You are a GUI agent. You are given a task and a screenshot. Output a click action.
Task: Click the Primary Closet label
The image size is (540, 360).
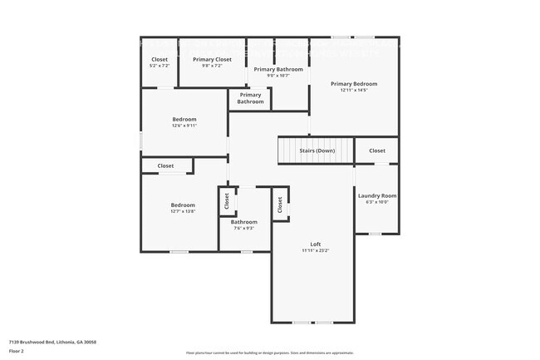click(212, 59)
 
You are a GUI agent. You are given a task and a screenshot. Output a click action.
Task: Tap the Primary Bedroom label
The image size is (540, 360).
click(354, 83)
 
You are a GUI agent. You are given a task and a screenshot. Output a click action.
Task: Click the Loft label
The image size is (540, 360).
click(316, 244)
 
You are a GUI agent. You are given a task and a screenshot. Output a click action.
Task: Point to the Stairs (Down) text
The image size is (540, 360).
click(317, 150)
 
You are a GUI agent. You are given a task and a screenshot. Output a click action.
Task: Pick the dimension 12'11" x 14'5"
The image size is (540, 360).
click(354, 90)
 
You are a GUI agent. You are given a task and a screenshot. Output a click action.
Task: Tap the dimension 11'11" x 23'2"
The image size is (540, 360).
click(316, 250)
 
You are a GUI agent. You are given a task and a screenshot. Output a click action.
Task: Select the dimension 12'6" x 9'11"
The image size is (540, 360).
click(184, 126)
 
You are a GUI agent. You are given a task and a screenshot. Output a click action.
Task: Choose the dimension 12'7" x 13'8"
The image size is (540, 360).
click(183, 211)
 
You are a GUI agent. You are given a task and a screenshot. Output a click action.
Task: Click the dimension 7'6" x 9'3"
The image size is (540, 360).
click(243, 228)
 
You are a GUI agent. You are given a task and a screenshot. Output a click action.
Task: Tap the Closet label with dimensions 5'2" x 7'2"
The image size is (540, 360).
click(159, 59)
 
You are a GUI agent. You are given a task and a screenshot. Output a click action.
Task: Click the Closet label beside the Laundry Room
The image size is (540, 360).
click(377, 150)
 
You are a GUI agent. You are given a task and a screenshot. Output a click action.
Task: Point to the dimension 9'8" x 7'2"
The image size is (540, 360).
click(212, 66)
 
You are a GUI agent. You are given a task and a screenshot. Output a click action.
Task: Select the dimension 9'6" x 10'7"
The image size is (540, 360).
click(278, 76)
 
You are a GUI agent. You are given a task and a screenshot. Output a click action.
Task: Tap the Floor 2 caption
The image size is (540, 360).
click(17, 352)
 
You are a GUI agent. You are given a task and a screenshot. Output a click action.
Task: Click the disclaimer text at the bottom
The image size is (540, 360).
click(270, 353)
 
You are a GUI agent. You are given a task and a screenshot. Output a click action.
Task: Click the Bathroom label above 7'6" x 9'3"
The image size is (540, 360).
click(243, 221)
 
